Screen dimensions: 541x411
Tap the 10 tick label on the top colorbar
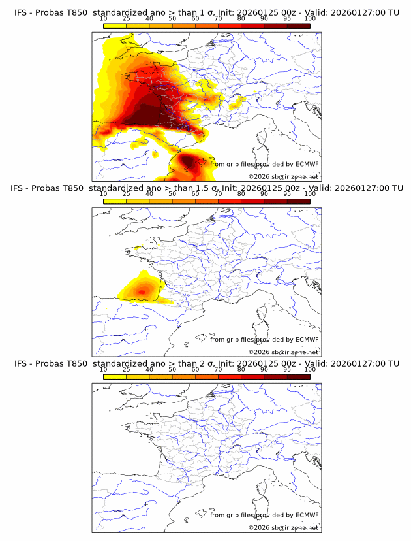tap(103, 20)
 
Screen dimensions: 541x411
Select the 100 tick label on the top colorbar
tap(310, 20)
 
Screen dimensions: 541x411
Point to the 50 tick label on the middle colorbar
tap(172, 194)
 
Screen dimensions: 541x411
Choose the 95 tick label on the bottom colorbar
tap(287, 369)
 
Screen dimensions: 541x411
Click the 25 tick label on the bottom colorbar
tap(127, 369)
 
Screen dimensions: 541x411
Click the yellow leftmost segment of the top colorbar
tap(115, 25)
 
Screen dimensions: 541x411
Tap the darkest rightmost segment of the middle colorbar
tap(299, 201)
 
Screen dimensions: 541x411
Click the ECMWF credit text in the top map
tap(264, 165)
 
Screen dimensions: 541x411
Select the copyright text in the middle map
tap(283, 352)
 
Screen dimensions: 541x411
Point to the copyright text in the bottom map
tap(283, 527)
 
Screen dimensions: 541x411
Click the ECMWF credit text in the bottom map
tap(264, 515)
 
